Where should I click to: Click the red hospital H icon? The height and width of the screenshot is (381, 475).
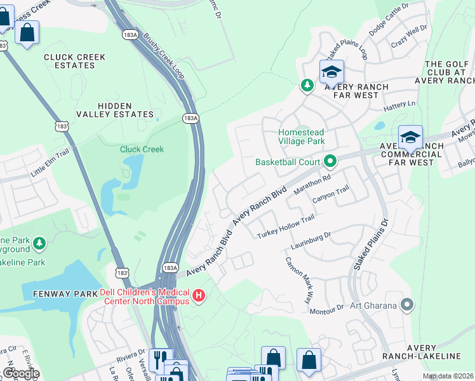click(x=199, y=295)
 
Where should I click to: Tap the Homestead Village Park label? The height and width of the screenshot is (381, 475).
click(x=302, y=137)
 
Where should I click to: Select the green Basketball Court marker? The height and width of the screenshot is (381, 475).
click(x=330, y=162)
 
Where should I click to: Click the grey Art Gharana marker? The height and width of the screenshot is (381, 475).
click(x=407, y=305)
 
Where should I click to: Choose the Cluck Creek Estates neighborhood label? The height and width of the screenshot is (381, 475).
click(x=74, y=61)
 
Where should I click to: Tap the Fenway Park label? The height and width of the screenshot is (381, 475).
click(x=58, y=295)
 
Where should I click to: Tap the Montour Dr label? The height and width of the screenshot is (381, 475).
click(x=326, y=309)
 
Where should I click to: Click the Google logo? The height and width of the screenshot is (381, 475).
click(x=20, y=373)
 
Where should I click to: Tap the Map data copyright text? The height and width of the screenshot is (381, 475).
click(x=448, y=376)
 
